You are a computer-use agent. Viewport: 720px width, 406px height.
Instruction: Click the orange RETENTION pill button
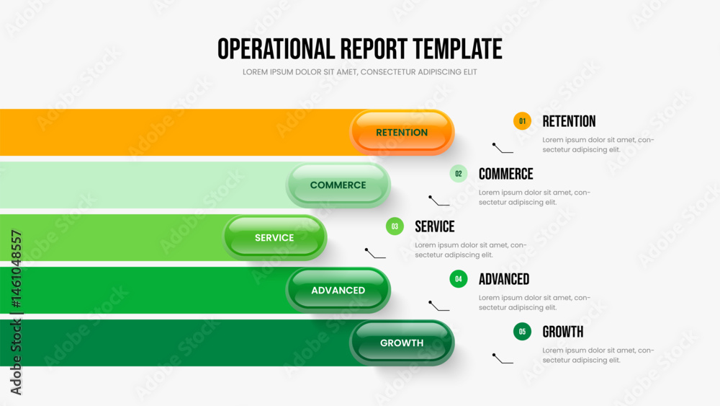point(402,132)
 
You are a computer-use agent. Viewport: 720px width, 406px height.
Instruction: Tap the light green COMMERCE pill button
point(338,185)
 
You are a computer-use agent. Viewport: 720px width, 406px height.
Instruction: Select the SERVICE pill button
point(274,238)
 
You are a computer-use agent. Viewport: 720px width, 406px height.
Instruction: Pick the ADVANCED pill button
point(338,290)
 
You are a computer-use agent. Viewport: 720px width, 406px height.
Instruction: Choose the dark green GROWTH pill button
point(402,343)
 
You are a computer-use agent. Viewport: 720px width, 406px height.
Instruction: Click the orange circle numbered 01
point(522,121)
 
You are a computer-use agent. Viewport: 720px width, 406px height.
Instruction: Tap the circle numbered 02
point(458,174)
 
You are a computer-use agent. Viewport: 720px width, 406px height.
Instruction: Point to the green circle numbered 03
point(395,226)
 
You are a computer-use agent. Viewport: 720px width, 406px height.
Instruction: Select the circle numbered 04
point(458,278)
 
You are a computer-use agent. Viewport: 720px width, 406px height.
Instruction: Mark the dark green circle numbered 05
point(522,332)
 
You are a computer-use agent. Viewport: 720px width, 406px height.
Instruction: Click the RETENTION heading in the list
point(569,121)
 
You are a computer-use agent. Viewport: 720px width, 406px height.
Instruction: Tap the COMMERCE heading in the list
point(505,174)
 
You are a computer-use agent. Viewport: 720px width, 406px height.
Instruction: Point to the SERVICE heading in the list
point(434,226)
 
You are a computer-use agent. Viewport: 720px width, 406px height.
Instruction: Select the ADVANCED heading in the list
point(504,279)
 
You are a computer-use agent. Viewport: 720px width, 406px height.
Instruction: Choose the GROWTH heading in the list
point(562,332)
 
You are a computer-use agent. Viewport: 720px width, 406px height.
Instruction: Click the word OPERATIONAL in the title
point(276,49)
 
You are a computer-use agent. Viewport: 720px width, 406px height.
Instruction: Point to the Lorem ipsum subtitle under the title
point(359,72)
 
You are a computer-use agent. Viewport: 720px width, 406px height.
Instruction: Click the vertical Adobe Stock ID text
point(16,313)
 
